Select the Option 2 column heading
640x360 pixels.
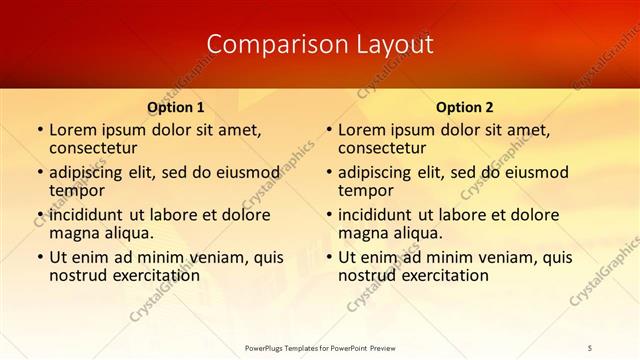(464, 106)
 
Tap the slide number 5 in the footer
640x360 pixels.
(591, 348)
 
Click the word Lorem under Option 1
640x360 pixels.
(75, 130)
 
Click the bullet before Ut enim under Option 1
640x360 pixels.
(39, 257)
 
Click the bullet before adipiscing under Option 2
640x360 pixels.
(328, 172)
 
